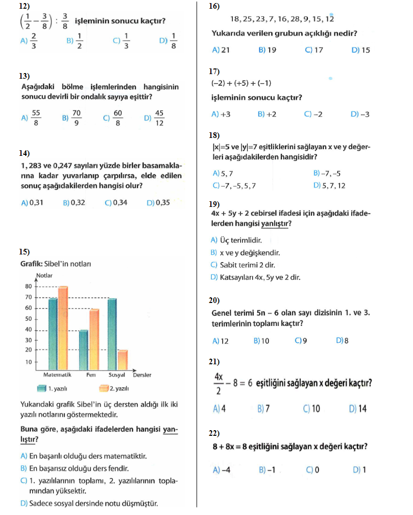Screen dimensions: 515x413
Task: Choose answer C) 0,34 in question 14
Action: (x=116, y=202)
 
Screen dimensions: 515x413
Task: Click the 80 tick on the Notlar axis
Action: (x=28, y=287)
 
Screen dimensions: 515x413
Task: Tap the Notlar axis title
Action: (x=44, y=276)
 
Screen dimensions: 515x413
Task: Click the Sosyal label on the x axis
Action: (x=117, y=375)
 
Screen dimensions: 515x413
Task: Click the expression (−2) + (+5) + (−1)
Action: (x=241, y=83)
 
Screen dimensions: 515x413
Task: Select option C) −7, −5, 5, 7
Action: (x=234, y=185)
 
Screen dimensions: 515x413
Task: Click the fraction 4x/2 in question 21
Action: (x=219, y=383)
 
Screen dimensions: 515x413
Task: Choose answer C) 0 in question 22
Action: (x=312, y=470)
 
